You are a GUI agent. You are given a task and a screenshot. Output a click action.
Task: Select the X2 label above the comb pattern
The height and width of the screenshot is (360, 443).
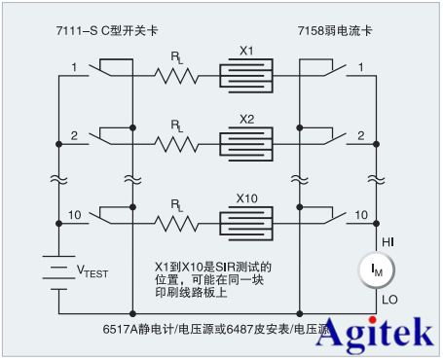tap(246, 119)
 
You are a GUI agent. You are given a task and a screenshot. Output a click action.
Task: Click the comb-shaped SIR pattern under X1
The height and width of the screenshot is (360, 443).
tap(246, 75)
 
